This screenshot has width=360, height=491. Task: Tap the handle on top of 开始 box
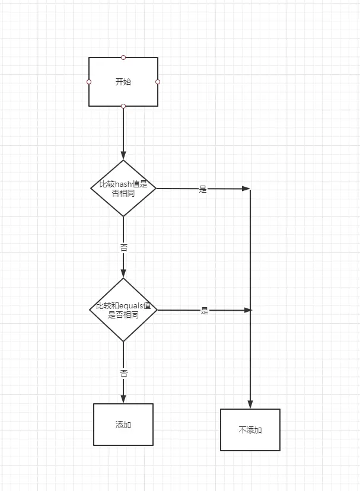[123, 58]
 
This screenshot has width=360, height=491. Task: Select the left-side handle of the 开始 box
[89, 82]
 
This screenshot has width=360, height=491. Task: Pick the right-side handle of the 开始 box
[158, 82]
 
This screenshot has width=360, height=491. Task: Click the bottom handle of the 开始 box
[123, 106]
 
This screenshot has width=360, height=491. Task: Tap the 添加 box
[123, 425]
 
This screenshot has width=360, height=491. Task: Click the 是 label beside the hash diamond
[203, 190]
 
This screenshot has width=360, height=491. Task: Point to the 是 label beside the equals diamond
[205, 311]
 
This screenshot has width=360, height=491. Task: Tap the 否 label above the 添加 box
[123, 374]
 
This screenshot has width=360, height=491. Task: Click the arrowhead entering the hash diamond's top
[123, 156]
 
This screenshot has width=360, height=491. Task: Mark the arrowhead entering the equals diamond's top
[123, 273]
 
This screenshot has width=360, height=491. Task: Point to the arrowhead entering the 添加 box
[123, 399]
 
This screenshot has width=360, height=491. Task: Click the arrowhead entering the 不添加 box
[250, 404]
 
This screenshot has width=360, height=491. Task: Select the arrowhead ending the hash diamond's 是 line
[247, 189]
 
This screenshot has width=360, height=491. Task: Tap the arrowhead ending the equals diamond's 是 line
[248, 310]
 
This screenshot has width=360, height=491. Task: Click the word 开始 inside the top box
[123, 82]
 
